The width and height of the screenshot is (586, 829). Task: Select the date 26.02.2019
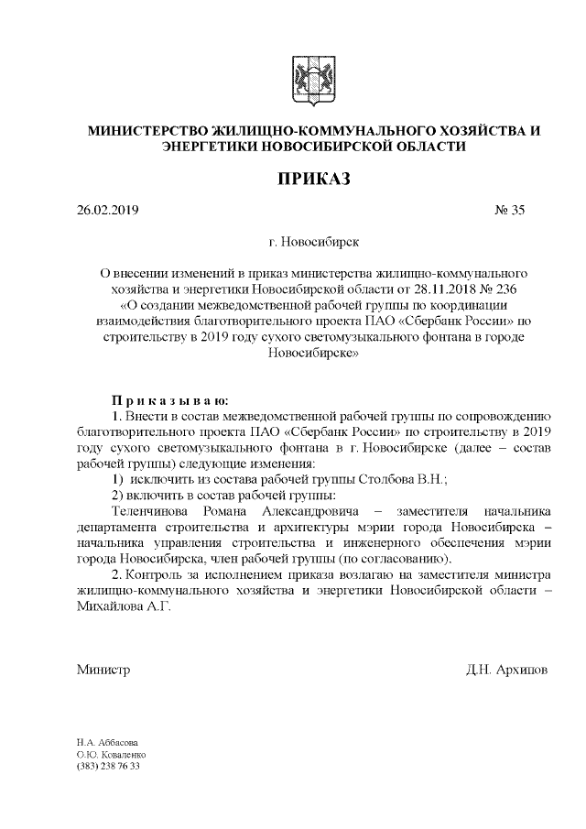tap(107, 211)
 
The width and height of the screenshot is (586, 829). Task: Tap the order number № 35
tap(510, 211)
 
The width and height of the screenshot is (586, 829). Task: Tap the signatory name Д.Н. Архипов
tap(507, 669)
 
